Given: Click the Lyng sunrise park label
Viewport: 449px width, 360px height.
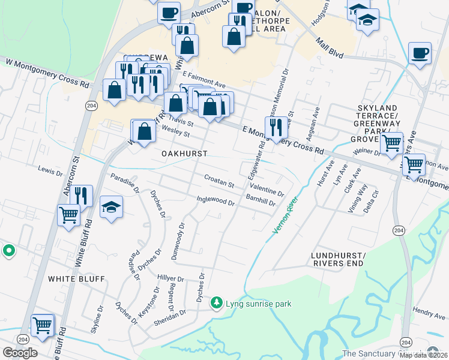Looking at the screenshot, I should point(258,304).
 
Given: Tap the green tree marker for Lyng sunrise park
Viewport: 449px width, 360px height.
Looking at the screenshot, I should point(216,304).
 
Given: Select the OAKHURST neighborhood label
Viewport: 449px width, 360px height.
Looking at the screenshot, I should point(184,154).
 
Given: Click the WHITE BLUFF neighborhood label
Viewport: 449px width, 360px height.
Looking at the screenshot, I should point(76,279).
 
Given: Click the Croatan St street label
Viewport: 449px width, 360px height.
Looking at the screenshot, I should point(218,181).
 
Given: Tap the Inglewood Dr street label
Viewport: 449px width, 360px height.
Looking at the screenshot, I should point(215,200).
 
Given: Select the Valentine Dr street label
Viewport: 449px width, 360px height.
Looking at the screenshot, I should point(267,191).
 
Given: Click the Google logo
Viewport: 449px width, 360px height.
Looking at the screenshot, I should point(20,352).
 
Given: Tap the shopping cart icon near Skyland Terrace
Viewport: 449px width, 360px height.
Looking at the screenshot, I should point(391,143).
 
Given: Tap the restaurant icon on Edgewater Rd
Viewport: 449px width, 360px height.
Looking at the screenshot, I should point(276,127).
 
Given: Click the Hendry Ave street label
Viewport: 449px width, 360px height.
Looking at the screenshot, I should point(429,313).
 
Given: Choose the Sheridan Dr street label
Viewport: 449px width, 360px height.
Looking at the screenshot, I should point(170,316).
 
